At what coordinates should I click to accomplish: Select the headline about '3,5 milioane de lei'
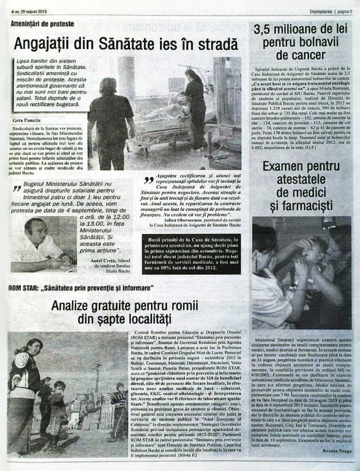pos(298,43)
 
